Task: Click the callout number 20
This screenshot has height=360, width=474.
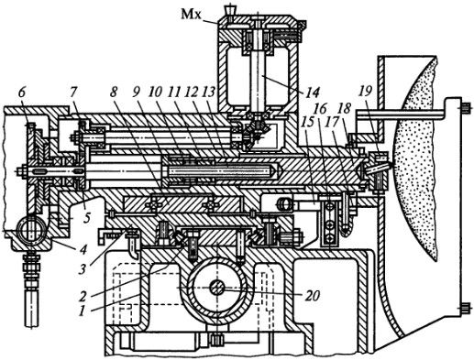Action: click(312, 295)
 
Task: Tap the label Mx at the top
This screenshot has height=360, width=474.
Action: click(192, 14)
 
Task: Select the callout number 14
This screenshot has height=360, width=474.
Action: click(312, 92)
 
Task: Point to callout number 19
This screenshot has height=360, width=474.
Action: click(367, 91)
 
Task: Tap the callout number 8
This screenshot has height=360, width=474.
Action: click(114, 93)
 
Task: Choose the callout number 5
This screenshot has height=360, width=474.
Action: click(87, 219)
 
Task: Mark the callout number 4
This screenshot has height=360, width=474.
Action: click(83, 250)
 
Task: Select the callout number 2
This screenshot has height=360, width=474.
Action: click(82, 295)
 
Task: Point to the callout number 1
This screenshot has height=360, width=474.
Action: click(81, 311)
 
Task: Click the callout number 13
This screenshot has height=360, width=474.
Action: click(208, 93)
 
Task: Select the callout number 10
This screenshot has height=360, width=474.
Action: click(156, 93)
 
